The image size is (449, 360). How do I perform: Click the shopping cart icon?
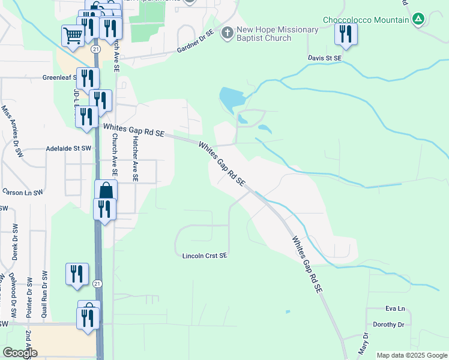coord(73,35)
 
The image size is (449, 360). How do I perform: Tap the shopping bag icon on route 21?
coord(106,190)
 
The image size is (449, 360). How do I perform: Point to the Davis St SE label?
coord(325,58)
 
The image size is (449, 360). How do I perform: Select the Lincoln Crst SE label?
coord(205,256)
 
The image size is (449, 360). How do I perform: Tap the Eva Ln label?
coord(396,309)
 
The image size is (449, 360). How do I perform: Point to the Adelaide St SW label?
coord(69,148)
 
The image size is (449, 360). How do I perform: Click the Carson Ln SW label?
coord(23,193)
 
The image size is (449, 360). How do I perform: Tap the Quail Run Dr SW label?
coord(44,293)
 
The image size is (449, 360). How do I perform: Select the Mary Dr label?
coord(363,343)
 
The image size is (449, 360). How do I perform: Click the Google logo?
coord(20,353)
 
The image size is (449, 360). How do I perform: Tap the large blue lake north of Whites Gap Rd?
coord(231,97)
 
